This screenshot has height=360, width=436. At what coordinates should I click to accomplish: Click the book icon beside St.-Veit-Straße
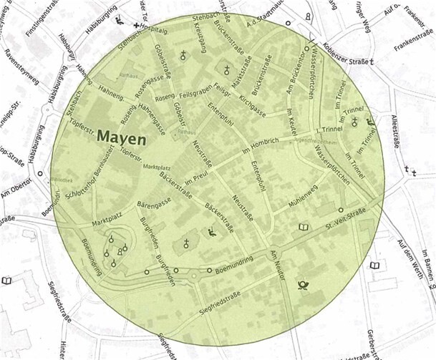(x=303, y=228)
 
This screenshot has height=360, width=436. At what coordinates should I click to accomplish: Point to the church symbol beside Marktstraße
(x=228, y=70)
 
